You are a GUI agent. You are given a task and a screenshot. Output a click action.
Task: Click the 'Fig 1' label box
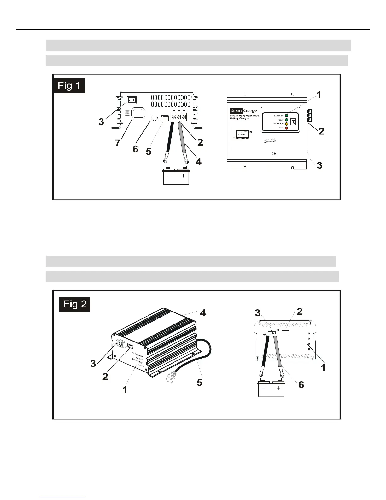pos(69,85)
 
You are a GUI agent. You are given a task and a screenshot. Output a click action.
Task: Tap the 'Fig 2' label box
pos(75,304)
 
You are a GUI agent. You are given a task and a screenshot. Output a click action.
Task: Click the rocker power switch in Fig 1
pos(132,100)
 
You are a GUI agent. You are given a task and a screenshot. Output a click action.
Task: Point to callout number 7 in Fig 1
pos(118,143)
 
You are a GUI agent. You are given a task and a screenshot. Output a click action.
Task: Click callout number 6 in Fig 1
pos(135,149)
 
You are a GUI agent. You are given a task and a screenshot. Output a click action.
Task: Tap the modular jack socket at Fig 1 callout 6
pos(155,118)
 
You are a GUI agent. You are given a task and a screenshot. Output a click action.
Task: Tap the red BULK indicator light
pos(287,128)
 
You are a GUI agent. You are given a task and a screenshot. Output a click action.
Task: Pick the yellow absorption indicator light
pos(287,124)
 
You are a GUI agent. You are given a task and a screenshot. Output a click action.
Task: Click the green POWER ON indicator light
pos(287,116)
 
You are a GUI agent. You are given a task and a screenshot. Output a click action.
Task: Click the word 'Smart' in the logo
pos(236,111)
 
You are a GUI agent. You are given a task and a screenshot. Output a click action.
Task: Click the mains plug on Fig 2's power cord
pos(171,378)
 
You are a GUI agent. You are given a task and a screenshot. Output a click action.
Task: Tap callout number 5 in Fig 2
pos(199,383)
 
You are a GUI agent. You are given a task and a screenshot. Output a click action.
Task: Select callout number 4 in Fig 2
pos(203,313)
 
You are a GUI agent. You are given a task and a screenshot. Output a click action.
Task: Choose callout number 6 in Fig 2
pos(301,384)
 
